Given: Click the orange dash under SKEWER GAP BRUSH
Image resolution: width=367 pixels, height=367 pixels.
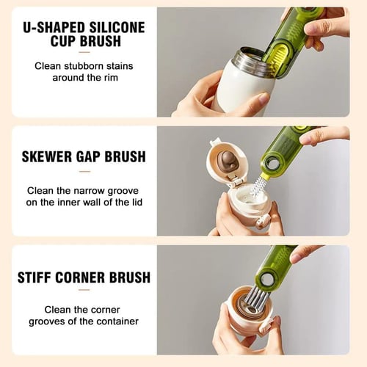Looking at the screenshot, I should [x=84, y=172].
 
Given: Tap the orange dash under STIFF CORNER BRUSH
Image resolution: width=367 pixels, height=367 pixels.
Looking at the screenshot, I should [x=84, y=294].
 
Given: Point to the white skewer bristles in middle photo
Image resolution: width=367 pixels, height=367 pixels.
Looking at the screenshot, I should [x=258, y=186].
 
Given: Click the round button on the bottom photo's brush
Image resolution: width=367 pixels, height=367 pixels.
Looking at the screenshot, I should [x=269, y=279].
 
